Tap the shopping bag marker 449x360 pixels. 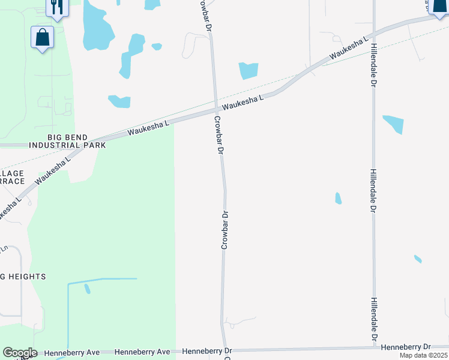click(42, 37)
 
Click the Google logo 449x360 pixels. click(19, 353)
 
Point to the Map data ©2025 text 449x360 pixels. click(423, 355)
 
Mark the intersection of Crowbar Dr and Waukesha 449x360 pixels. click(215, 110)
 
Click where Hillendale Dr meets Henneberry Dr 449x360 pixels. click(373, 347)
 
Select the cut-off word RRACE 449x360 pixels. click(12, 181)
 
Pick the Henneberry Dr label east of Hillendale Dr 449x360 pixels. click(406, 347)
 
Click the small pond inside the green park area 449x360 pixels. click(88, 289)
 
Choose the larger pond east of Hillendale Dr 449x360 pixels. click(394, 123)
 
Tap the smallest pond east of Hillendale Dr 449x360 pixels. click(418, 259)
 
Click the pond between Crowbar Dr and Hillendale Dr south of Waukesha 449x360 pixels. click(338, 199)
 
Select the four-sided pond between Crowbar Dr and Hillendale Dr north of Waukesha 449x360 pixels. click(248, 71)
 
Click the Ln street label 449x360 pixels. click(4, 248)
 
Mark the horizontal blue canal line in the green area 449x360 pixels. click(102, 280)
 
